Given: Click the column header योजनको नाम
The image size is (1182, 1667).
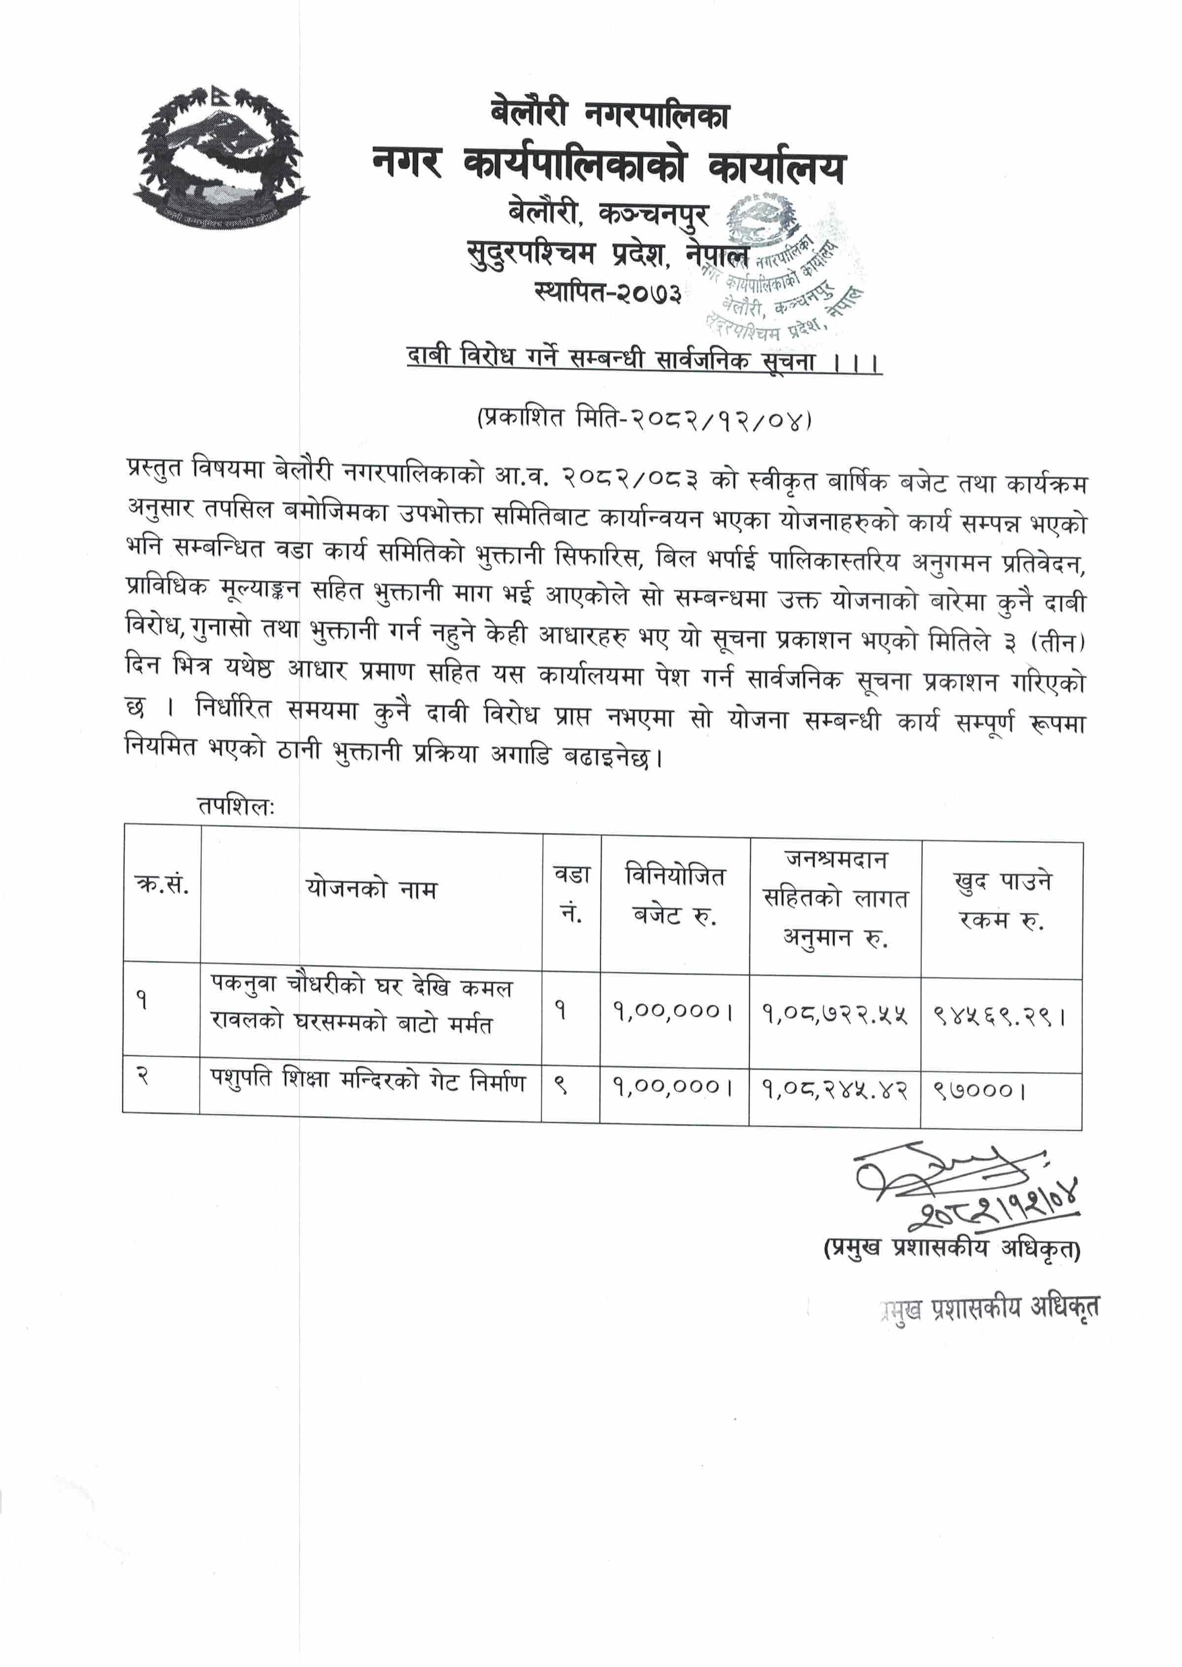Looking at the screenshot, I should coord(371,889).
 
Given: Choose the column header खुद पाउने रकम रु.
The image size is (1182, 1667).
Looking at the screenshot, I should coord(1001,901).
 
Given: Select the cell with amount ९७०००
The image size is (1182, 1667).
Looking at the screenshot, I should coord(979,1090).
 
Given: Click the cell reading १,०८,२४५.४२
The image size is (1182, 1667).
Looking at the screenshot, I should coord(835,1090).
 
